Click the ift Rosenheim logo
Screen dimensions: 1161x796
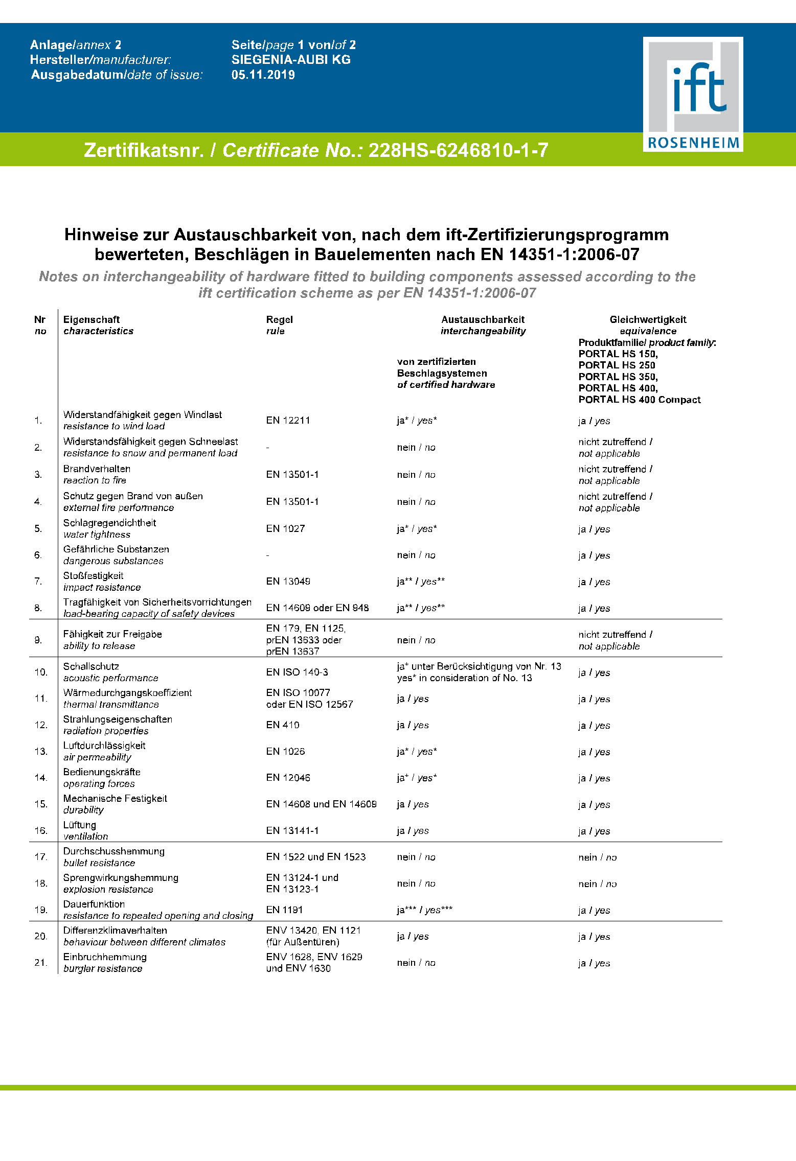tap(693, 94)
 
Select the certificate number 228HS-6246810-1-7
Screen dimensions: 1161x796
tap(458, 150)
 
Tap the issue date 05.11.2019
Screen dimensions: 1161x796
tap(263, 75)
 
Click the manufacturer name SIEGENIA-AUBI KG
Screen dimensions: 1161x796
tap(291, 60)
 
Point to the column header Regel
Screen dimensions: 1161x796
tap(279, 320)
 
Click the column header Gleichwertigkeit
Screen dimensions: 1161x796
tap(648, 320)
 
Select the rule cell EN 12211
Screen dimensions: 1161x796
tap(288, 421)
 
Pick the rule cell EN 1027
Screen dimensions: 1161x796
tap(285, 529)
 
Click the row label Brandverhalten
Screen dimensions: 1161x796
tap(97, 469)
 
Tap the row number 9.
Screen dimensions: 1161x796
tap(38, 640)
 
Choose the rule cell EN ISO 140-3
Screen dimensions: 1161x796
tap(297, 672)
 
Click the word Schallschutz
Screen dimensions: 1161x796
tap(91, 667)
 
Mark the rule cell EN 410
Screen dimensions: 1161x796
tap(283, 725)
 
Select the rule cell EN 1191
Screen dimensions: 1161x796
tap(284, 910)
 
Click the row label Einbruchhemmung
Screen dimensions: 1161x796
tap(105, 957)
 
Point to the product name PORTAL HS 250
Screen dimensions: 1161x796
tap(617, 365)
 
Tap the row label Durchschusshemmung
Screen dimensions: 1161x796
tap(114, 851)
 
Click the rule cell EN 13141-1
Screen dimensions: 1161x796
tap(292, 831)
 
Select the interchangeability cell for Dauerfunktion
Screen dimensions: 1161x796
tap(424, 910)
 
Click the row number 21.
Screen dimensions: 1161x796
tap(41, 963)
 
